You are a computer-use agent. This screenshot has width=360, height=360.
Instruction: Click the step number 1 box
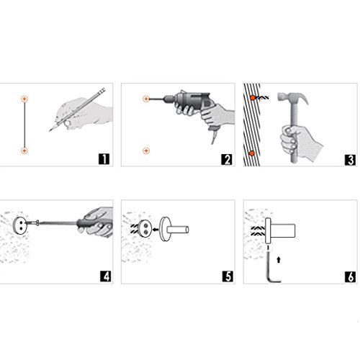point(104,159)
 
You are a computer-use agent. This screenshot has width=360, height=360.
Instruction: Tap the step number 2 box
point(227,160)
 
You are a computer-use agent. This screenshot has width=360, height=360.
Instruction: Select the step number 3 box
point(350,160)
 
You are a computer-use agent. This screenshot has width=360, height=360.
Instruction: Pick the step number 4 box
point(106,276)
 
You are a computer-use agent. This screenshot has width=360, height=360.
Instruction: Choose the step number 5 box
point(228,276)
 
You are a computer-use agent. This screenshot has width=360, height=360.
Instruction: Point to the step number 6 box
point(351,276)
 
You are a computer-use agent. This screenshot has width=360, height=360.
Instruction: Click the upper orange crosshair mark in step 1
point(24,99)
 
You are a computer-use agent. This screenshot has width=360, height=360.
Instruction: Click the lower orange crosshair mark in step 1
point(24,150)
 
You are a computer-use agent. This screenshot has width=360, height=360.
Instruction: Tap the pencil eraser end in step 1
point(103,90)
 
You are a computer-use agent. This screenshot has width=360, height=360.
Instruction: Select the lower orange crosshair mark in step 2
point(146,150)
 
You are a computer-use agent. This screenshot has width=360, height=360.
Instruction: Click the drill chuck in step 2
point(168,99)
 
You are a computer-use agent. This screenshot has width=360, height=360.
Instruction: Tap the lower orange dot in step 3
point(252,153)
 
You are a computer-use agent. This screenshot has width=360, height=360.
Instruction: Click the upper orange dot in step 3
point(253,98)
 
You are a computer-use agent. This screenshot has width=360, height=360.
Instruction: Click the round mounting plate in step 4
point(19,225)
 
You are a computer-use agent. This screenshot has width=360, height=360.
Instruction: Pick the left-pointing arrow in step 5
point(156,230)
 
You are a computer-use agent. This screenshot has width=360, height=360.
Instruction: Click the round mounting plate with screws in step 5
point(145,228)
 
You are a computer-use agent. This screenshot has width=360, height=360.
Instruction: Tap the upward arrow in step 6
point(279,260)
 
